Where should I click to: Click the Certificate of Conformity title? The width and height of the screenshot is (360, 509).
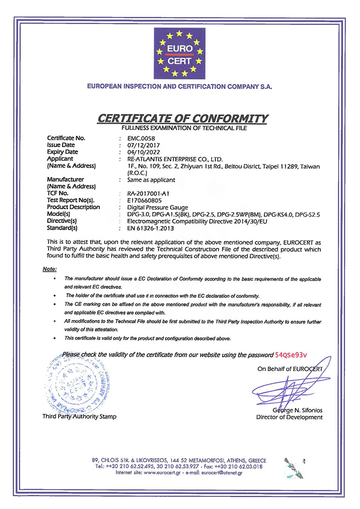pos(183,119)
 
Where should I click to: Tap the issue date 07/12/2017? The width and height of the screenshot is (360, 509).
pos(140,145)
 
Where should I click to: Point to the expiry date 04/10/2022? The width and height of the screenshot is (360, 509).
pos(140,152)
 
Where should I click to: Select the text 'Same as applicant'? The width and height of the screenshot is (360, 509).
pos(151,180)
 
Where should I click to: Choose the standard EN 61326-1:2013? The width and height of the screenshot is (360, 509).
pos(148,228)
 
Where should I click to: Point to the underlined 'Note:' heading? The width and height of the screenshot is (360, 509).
pos(50,268)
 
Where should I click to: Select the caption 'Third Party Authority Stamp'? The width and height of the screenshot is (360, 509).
pos(79,416)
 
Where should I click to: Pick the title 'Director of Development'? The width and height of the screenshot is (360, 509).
pos(289,417)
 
